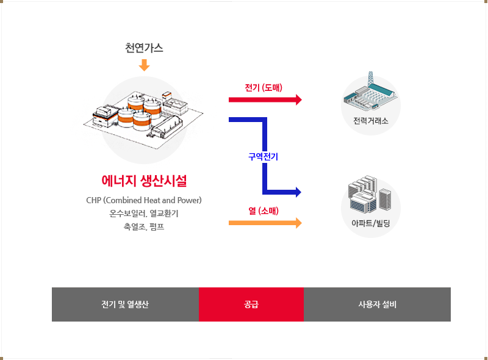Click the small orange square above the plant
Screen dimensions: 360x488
pyautogui.click(x=144, y=65)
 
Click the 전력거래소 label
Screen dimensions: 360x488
pyautogui.click(x=370, y=120)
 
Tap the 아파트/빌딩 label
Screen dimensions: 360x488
pyautogui.click(x=370, y=223)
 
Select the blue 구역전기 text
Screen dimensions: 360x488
pyautogui.click(x=263, y=157)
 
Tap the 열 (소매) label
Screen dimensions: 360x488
pyautogui.click(x=264, y=211)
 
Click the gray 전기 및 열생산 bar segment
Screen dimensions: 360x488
pyautogui.click(x=125, y=304)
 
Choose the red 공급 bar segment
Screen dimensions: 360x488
pyautogui.click(x=251, y=304)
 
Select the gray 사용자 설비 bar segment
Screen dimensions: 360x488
pyautogui.click(x=377, y=304)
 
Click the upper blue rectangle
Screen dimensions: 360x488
pyautogui.click(x=256, y=132)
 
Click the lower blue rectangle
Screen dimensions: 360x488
pyautogui.click(x=273, y=182)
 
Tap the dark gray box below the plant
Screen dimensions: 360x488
pyautogui.click(x=142, y=217)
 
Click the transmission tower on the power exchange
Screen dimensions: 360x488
pyautogui.click(x=369, y=79)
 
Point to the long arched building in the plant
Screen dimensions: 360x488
pyautogui.click(x=166, y=127)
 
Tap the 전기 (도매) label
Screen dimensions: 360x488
pyautogui.click(x=264, y=88)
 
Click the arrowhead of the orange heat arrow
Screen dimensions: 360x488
pyautogui.click(x=298, y=223)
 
